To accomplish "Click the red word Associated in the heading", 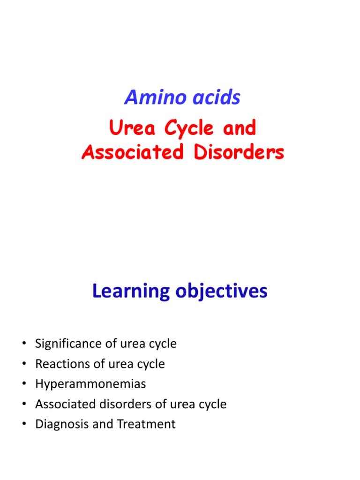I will point(132,152).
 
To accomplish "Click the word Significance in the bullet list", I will point(67,344).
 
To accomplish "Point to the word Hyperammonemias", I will point(90,384).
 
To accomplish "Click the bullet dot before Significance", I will point(24,344).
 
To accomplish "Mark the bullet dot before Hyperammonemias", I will point(24,384).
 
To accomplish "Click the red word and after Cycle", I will point(240,128).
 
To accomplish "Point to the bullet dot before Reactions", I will point(24,364).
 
